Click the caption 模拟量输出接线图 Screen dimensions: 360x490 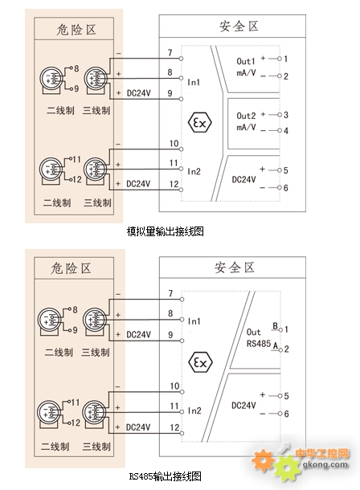165,231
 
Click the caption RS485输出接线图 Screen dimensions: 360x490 166,476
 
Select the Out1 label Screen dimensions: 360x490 246,61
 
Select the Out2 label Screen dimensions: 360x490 246,116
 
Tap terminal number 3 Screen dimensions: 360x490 285,115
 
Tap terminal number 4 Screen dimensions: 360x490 285,131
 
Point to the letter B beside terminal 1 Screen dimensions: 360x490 276,325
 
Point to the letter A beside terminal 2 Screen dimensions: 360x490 276,345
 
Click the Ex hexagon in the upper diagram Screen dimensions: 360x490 200,122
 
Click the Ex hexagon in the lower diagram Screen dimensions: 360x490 200,362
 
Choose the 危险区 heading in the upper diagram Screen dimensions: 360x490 76,30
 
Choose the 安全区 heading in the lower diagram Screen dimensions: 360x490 235,267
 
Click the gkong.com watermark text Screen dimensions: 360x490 325,464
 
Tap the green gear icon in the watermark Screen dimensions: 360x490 287,468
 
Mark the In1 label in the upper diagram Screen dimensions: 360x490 194,82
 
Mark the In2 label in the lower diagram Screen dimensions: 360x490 194,410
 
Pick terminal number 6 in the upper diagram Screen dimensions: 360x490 285,188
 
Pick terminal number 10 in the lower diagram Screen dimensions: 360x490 174,386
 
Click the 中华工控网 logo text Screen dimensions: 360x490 322,453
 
